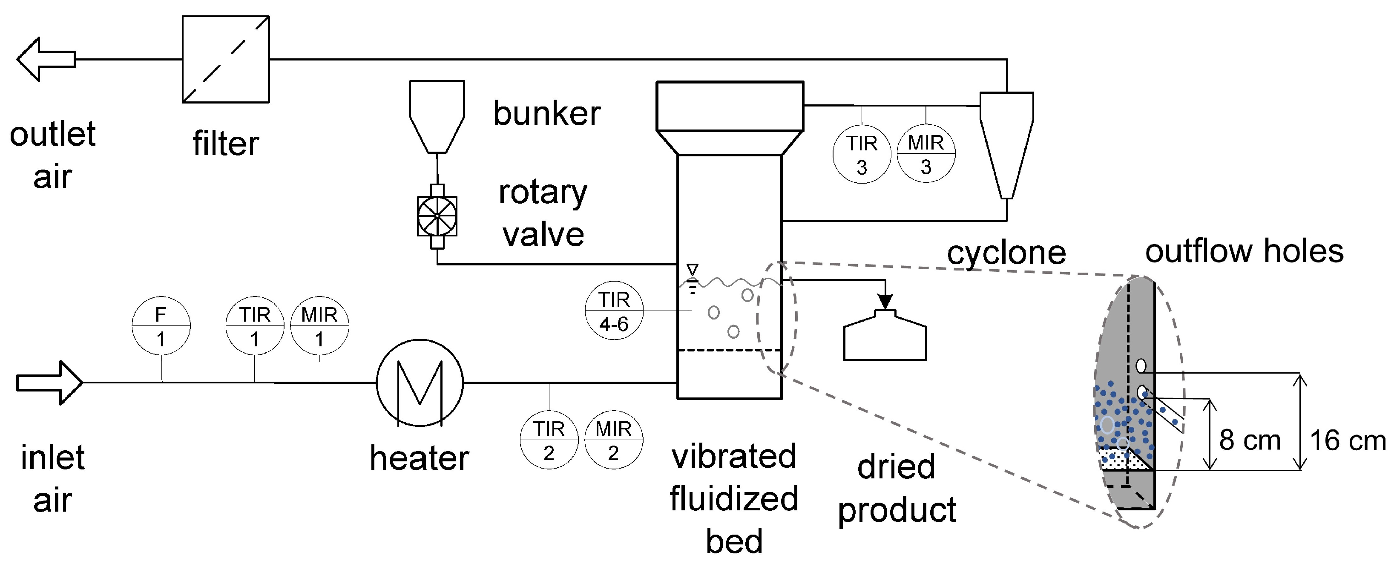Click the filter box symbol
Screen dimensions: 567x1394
coord(226,59)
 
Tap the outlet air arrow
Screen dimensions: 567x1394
coord(46,60)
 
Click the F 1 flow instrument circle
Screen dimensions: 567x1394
coord(161,326)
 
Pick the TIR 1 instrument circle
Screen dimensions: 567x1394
coord(254,326)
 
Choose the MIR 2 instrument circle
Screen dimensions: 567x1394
coord(613,440)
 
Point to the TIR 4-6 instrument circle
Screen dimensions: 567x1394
coord(614,311)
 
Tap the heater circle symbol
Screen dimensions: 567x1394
coord(420,383)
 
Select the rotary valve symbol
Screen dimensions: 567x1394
coord(437,216)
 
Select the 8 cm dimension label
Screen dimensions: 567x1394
coord(1250,440)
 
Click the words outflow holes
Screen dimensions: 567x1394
coord(1244,252)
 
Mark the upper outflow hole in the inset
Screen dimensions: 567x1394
coord(1141,366)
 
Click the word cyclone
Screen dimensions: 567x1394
coord(1006,253)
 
